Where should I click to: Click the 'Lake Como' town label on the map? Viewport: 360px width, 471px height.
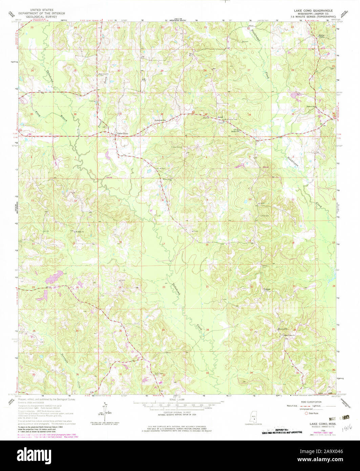(x=123, y=134)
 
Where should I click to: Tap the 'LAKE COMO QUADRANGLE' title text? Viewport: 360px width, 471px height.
(x=317, y=11)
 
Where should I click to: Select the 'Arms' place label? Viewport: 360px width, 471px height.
(x=220, y=117)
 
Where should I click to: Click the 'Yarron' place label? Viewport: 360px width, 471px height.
(x=267, y=289)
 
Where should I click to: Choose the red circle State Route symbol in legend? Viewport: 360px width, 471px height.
(x=307, y=413)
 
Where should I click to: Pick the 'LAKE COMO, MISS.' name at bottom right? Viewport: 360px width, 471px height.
(x=319, y=424)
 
